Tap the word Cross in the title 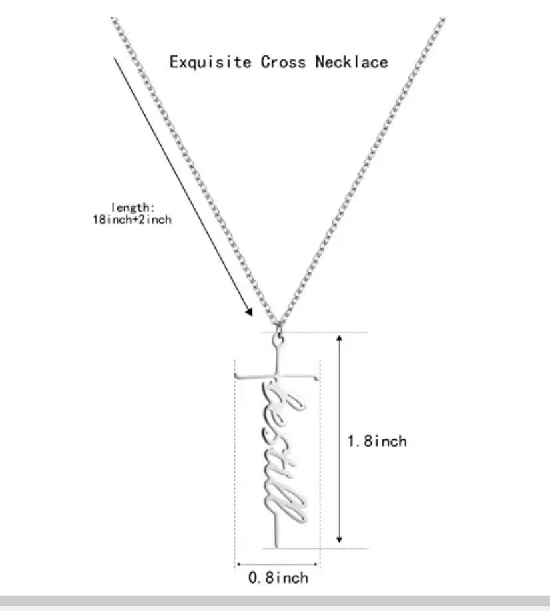tap(284, 63)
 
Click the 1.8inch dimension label tap(376, 441)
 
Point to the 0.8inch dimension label tap(278, 578)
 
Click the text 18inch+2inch tap(132, 219)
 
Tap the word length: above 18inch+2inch tap(132, 208)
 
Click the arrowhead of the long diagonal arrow tap(249, 311)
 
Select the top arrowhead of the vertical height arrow tap(340, 339)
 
